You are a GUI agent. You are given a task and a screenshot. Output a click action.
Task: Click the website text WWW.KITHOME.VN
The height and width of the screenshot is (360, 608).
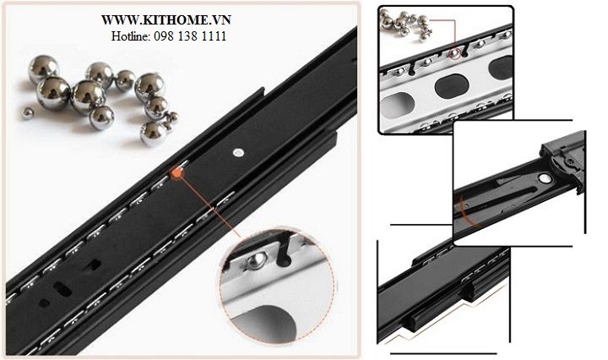tap(166, 19)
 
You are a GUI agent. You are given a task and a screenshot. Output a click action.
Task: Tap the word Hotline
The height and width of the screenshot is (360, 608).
tap(129, 36)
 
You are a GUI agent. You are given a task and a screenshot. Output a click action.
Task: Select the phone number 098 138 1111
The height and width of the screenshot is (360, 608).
tap(190, 36)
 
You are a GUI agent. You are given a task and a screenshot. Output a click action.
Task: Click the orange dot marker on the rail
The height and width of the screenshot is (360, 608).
tap(176, 172)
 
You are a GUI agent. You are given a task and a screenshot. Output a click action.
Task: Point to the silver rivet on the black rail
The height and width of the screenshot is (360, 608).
tap(238, 152)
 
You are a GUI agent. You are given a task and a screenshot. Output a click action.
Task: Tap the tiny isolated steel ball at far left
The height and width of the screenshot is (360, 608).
tap(28, 113)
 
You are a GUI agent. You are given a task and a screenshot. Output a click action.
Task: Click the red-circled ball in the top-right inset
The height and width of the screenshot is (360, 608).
tap(454, 54)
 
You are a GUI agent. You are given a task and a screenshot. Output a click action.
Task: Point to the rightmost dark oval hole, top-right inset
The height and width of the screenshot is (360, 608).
tap(502, 67)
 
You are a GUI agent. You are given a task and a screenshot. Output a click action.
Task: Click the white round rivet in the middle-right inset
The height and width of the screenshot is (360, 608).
tap(546, 178)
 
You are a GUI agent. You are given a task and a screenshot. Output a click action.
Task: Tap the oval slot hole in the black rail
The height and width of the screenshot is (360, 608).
tap(62, 289)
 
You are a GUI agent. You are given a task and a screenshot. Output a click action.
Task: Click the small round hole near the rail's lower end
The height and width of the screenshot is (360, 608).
tap(44, 303)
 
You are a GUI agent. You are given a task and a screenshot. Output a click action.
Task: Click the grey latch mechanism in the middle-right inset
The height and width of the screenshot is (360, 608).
tap(562, 158)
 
